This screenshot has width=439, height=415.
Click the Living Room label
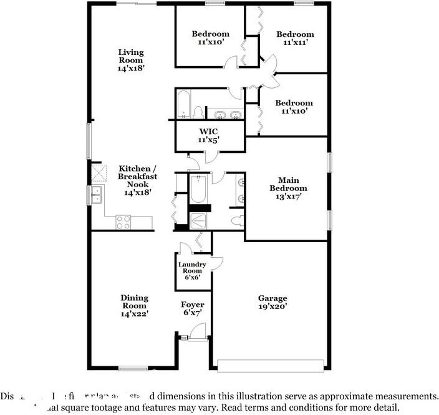point(131,61)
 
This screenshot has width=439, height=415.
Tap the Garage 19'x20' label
point(273,303)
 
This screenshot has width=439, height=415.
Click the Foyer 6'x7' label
point(193,308)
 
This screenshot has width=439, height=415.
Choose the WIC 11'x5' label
point(209,136)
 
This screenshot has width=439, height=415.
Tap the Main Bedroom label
point(288,188)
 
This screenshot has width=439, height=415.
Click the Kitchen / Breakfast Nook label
point(138,180)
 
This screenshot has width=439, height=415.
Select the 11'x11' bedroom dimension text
point(295,42)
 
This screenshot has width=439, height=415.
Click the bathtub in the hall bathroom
point(183,104)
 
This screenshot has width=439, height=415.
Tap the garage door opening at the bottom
point(271,365)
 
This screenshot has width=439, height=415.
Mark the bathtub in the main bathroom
point(198,189)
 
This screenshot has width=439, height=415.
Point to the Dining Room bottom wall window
point(133,368)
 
